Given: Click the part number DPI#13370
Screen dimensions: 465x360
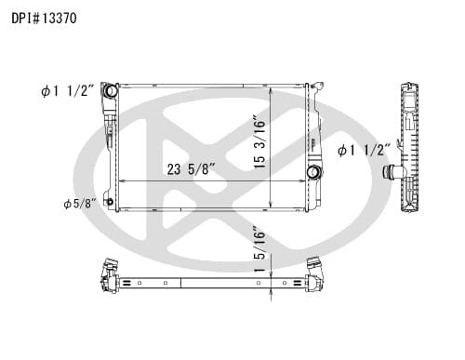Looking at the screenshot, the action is [44, 19].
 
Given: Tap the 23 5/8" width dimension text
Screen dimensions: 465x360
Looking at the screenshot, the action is [191, 169].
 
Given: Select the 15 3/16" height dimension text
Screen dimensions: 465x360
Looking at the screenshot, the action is [259, 142].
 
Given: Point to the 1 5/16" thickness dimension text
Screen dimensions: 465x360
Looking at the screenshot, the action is [259, 251].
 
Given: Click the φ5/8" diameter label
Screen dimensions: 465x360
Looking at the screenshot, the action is [80, 204].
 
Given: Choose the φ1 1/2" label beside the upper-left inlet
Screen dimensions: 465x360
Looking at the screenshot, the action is [67, 91].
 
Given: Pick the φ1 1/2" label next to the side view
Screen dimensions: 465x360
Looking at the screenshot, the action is [364, 151].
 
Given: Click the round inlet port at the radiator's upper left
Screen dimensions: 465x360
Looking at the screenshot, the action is [111, 90].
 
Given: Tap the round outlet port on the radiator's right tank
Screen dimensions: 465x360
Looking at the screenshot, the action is [313, 172].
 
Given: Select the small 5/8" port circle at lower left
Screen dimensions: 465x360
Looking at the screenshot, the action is [110, 202].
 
